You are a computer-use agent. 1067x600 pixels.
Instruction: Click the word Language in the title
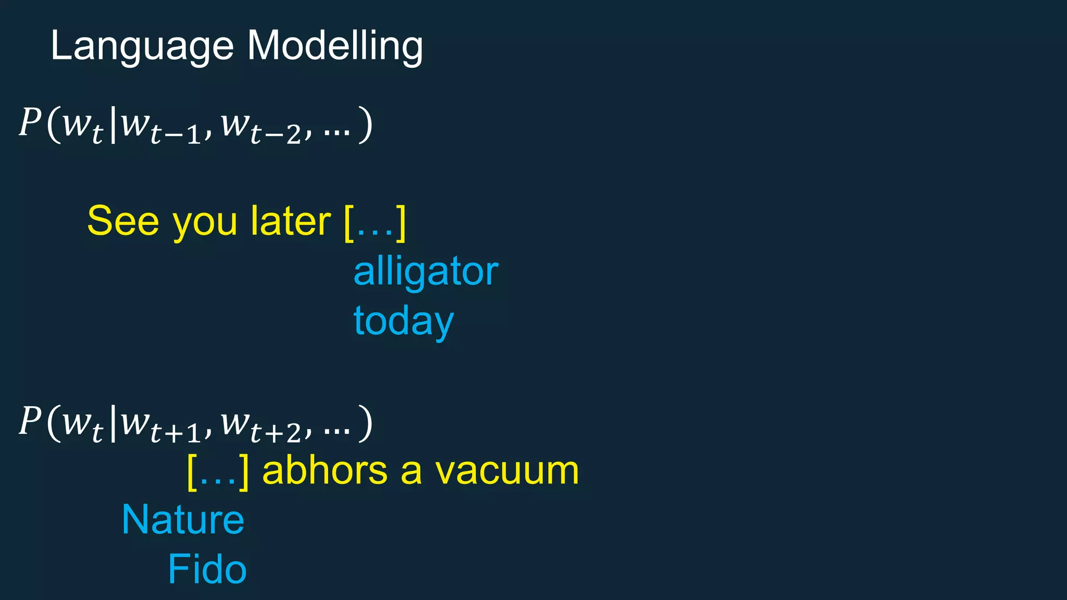[142, 47]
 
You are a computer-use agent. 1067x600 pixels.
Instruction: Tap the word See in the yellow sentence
[123, 221]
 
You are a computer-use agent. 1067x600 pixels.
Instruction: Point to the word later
[290, 221]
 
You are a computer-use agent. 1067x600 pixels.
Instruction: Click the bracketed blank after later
[375, 223]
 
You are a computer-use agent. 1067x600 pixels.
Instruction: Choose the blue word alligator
[426, 272]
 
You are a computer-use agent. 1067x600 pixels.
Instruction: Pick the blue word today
[404, 321]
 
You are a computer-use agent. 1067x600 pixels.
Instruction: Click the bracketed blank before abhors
[218, 471]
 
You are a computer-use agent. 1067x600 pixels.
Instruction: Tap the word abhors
[325, 470]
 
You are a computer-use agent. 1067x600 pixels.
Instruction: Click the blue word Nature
[183, 520]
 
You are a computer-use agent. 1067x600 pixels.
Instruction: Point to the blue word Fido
[207, 569]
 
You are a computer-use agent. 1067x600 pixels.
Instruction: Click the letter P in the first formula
[30, 123]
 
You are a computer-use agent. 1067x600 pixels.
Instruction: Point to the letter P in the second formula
[30, 421]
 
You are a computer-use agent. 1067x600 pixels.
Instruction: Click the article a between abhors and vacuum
[411, 471]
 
